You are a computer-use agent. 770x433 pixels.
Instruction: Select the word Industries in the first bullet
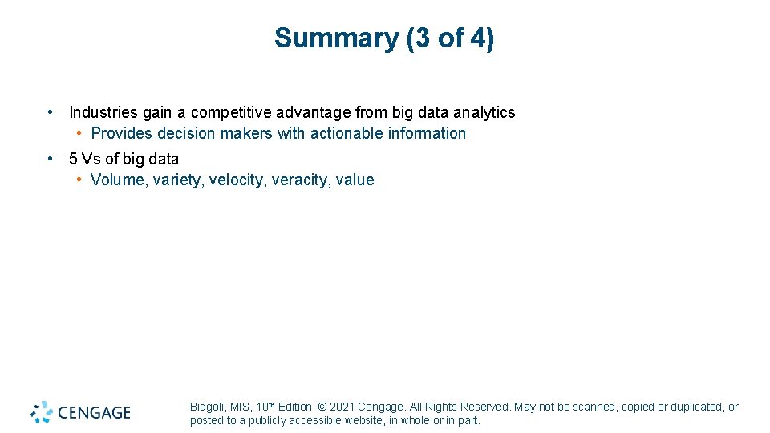click(103, 113)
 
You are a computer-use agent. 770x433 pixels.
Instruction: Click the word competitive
click(228, 113)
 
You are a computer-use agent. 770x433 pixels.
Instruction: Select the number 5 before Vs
click(74, 159)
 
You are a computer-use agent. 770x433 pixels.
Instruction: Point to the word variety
click(176, 180)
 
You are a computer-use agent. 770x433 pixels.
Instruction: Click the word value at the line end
click(355, 180)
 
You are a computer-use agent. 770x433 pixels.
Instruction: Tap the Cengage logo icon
click(42, 412)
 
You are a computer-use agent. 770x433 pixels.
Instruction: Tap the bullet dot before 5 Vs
click(51, 158)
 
